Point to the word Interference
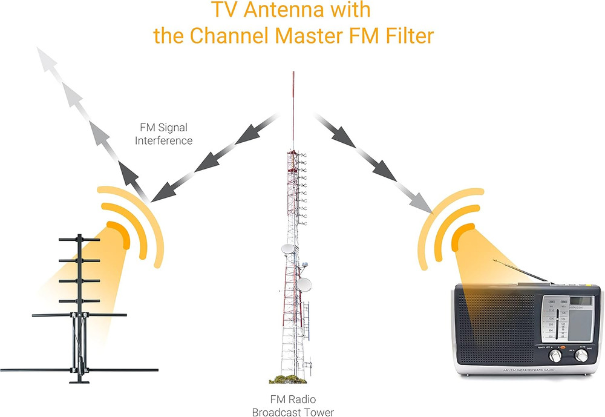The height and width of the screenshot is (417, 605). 163,140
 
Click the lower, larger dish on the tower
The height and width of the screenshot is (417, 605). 306,284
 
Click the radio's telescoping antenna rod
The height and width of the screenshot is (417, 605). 521,272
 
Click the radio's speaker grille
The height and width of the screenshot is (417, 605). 496,327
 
